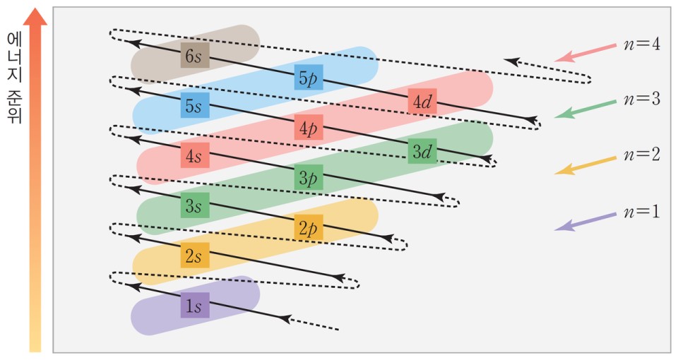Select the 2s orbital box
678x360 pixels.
click(195, 256)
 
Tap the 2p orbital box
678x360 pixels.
click(309, 227)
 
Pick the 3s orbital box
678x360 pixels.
click(195, 205)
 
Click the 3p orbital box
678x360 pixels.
click(309, 177)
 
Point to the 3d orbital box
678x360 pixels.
click(422, 150)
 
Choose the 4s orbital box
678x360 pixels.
click(195, 155)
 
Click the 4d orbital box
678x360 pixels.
click(422, 102)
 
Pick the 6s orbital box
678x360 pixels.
click(195, 55)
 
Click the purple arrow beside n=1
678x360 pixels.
click(585, 220)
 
